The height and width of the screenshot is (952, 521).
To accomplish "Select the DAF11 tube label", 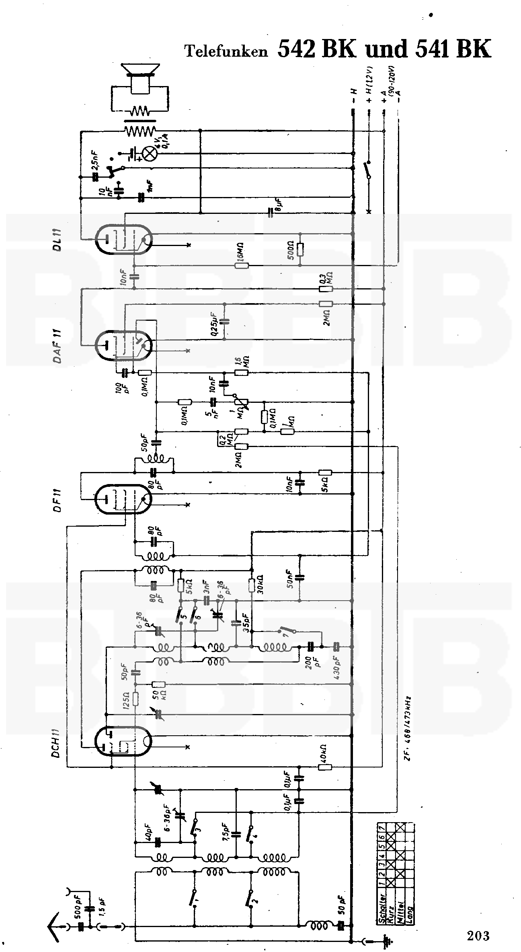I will pyautogui.click(x=58, y=345).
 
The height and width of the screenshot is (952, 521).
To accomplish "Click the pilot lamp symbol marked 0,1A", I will pyautogui.click(x=151, y=153).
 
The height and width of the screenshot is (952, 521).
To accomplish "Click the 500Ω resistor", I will pyautogui.click(x=300, y=250).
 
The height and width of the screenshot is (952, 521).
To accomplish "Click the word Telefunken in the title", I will pyautogui.click(x=226, y=51).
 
